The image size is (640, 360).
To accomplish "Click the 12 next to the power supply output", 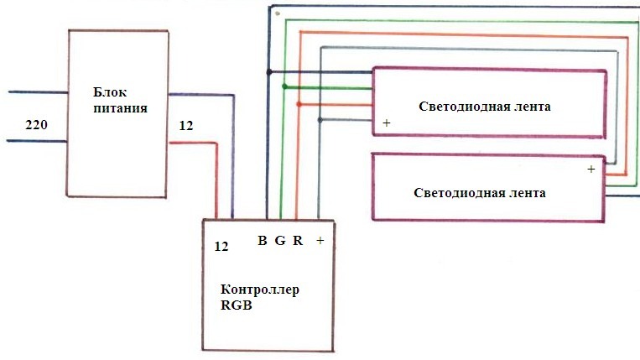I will coord(186,126).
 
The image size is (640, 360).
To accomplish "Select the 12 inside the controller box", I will coord(221,247).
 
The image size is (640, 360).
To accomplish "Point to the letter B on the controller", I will coord(263,241).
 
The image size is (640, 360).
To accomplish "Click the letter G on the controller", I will coord(280,241).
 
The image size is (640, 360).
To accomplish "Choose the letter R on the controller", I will coord(298,241).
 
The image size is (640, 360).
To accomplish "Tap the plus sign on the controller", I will coord(320,241).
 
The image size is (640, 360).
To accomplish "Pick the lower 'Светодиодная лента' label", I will coord(480,192).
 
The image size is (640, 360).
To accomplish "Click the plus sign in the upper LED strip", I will coord(386,123).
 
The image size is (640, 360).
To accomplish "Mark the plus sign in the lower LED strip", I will coord(591,169).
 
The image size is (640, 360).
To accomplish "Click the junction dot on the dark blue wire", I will coord(268,71).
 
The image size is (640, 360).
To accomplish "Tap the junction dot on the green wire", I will coord(285,86).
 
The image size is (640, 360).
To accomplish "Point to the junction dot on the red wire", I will coord(299,104).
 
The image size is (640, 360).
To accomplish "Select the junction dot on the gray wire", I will coord(320,120).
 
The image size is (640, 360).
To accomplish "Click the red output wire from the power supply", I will coord(201,143).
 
